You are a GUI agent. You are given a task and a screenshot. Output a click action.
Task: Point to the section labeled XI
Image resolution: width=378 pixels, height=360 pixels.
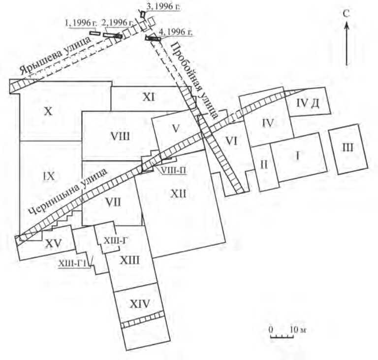pyautogui.click(x=150, y=97)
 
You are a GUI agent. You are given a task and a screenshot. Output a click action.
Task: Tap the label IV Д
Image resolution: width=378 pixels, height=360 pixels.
pyautogui.click(x=309, y=102)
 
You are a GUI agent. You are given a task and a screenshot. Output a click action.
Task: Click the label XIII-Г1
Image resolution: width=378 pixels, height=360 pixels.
pyautogui.click(x=72, y=265)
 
